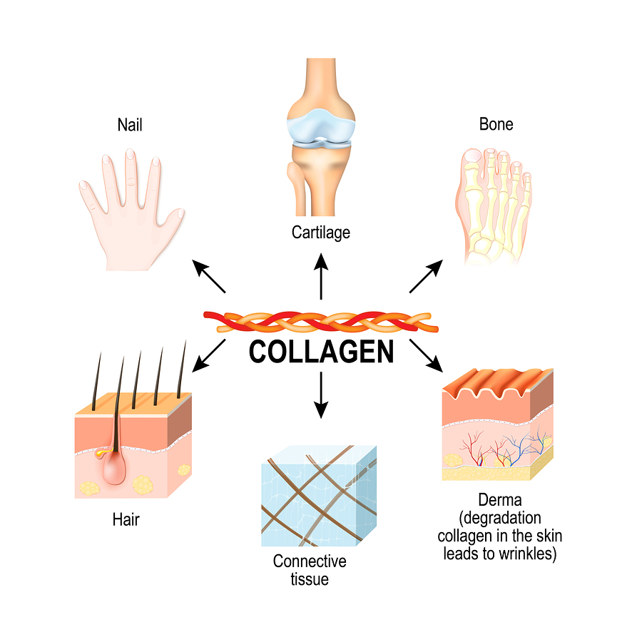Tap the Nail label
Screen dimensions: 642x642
130,125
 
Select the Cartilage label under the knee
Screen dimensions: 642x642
320,233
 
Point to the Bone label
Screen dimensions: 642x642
496,124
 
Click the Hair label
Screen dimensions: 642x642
126,519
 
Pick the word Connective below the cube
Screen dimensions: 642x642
310,561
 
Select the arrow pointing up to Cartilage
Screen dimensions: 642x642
321,278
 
